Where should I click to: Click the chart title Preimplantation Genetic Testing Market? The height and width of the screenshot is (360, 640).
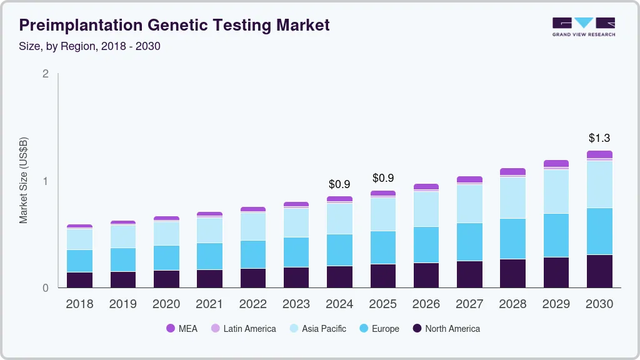click(x=174, y=26)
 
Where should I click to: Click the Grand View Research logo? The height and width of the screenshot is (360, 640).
click(x=583, y=26)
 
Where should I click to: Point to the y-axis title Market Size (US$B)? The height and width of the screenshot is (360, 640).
click(x=24, y=180)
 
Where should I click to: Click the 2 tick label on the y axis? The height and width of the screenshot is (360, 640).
click(x=45, y=74)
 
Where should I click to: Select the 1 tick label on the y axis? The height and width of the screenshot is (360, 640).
click(x=45, y=181)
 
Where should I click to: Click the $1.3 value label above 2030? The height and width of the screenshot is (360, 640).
click(x=600, y=138)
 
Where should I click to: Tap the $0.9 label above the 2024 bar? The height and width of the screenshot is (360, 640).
click(x=340, y=184)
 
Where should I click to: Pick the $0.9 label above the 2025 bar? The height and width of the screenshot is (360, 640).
click(x=383, y=179)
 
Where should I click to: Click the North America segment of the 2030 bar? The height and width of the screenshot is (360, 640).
click(x=600, y=271)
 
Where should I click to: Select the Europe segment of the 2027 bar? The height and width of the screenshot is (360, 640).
click(x=469, y=242)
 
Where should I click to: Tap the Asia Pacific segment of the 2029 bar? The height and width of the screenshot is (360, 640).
click(x=556, y=191)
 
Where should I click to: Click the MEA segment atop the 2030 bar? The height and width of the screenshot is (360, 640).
click(x=600, y=154)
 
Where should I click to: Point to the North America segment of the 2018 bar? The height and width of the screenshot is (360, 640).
click(x=80, y=280)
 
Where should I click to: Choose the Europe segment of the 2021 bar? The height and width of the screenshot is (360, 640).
click(x=210, y=256)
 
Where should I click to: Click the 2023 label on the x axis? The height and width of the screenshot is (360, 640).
click(x=296, y=304)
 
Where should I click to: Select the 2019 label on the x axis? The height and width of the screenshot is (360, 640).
click(x=123, y=304)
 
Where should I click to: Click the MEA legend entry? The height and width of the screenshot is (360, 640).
click(x=182, y=329)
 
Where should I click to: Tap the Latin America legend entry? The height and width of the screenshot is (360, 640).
click(x=243, y=329)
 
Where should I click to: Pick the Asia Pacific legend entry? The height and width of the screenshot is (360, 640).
click(x=317, y=329)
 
